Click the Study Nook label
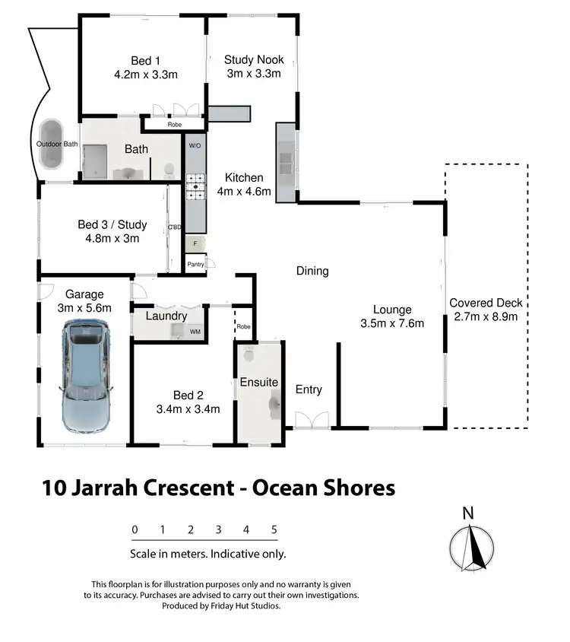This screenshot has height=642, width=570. point(254,60)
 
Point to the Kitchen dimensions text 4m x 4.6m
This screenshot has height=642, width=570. point(244,192)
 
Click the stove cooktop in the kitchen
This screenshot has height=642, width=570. point(195,188)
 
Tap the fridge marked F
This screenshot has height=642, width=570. point(195,244)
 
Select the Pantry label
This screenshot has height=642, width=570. point(195,265)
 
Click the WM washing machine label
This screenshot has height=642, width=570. point(195,332)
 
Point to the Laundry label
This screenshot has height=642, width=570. point(166,316)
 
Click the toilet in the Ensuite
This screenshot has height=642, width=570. point(249,355)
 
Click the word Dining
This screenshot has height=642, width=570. point(312,271)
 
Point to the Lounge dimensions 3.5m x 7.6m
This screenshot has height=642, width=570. point(392,323)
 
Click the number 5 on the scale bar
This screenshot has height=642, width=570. point(274,529)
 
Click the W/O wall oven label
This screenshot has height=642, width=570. point(194,145)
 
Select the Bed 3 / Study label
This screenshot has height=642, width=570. point(112,225)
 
